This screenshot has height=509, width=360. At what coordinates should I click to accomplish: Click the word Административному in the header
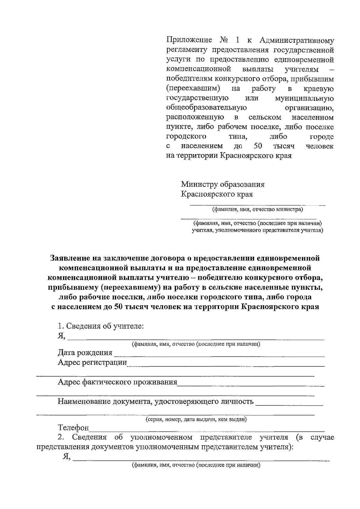[x=296, y=40]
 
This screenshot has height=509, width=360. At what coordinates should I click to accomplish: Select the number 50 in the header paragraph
[x=258, y=146]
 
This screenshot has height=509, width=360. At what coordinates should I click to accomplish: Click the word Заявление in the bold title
[x=70, y=258]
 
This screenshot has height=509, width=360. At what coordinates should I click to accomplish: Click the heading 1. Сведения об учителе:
[x=101, y=326]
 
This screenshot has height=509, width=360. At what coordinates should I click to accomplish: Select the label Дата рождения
[x=85, y=353]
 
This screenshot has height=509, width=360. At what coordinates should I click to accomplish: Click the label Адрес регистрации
[x=92, y=362]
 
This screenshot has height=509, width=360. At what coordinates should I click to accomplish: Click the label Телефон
[x=73, y=427]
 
